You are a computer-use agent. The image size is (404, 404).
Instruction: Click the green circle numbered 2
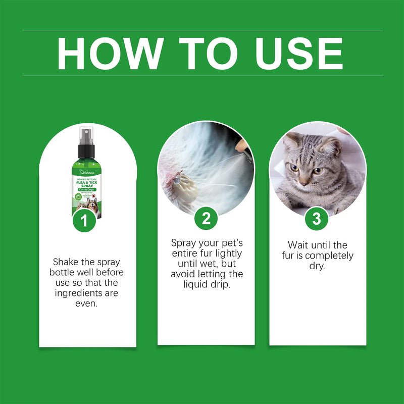pos(206,219)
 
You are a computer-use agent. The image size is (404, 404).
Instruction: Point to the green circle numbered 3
pos(317,219)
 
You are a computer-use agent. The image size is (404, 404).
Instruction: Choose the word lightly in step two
pos(228,253)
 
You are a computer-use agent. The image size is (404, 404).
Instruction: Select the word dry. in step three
pos(318,266)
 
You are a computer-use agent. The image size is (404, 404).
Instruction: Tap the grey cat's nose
pos(304,178)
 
